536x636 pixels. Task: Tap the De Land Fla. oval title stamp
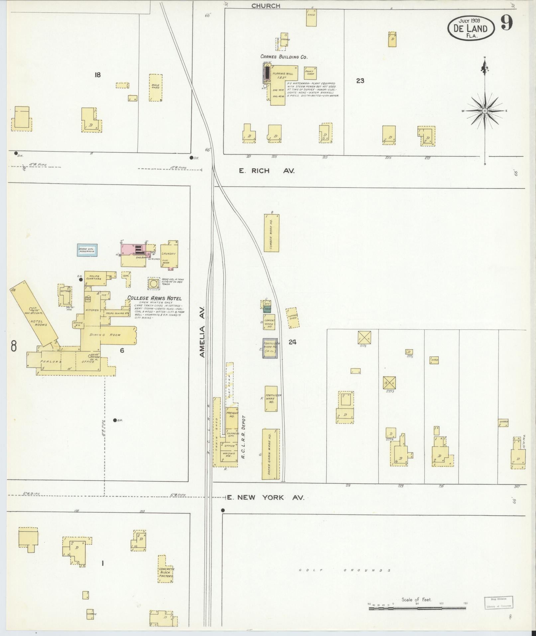click(471, 28)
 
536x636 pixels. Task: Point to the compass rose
click(484, 110)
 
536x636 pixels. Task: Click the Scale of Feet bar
click(417, 608)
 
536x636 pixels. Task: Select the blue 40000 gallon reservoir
click(87, 250)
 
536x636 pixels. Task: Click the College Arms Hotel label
click(155, 298)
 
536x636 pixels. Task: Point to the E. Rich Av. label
click(267, 171)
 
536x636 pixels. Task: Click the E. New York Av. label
click(266, 498)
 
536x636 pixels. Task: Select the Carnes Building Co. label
click(284, 57)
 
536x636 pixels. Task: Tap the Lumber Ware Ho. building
click(271, 233)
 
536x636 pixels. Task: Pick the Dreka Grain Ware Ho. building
click(270, 454)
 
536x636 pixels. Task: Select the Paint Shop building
click(310, 73)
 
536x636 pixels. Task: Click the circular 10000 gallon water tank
click(154, 284)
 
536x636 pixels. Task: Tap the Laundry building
click(169, 254)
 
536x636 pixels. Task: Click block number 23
click(360, 80)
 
